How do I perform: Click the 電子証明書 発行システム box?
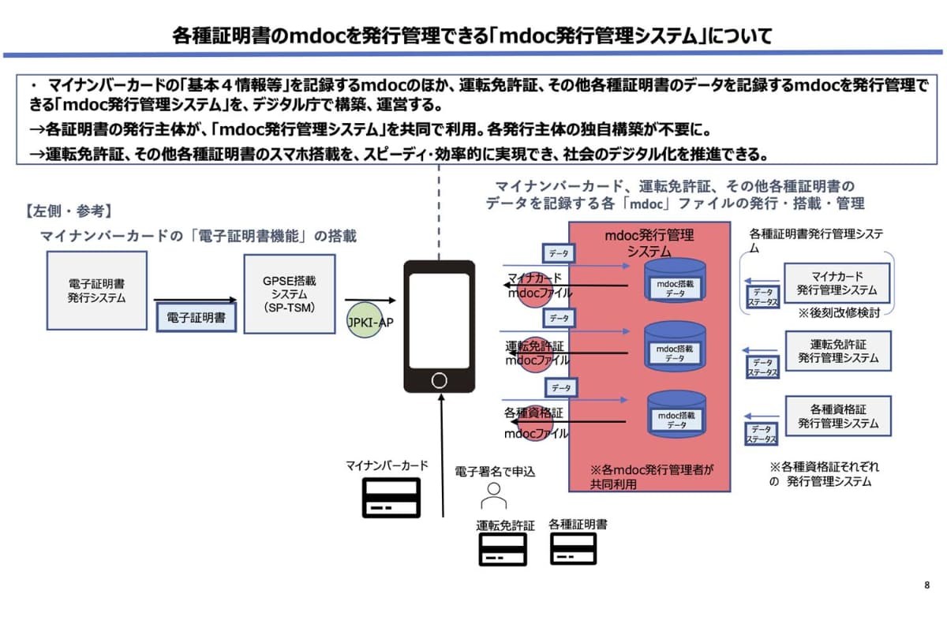97,290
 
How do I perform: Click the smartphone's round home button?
439,380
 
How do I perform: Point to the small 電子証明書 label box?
196,318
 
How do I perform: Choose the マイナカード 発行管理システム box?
837,283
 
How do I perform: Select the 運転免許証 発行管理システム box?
837,351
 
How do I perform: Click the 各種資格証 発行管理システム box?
837,416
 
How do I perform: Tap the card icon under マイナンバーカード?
391,497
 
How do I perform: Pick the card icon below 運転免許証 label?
503,549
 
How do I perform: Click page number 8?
926,585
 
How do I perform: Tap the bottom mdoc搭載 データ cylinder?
675,415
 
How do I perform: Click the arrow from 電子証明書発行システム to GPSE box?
195,300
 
